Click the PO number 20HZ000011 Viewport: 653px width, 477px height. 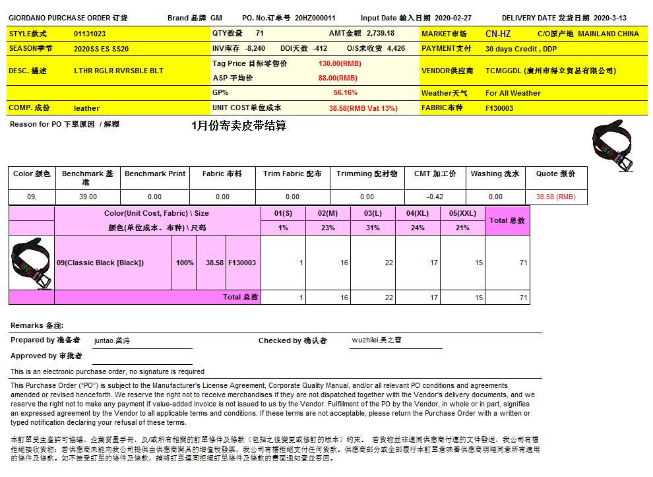click(315, 18)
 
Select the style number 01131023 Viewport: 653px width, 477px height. click(90, 34)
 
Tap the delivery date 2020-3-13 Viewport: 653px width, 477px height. click(610, 18)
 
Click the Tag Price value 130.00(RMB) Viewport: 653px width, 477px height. click(340, 63)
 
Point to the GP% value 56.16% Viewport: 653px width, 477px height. click(345, 93)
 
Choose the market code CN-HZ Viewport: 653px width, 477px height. click(497, 34)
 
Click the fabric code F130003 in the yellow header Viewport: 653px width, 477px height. click(499, 108)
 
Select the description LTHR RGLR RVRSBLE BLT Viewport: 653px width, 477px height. click(118, 71)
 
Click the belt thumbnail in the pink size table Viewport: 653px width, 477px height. click(31, 263)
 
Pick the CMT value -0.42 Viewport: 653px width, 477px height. click(435, 197)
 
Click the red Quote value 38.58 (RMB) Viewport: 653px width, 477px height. click(555, 197)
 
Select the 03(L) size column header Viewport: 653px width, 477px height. click(373, 213)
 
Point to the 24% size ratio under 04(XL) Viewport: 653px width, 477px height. click(418, 228)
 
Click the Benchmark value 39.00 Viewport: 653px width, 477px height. click(88, 197)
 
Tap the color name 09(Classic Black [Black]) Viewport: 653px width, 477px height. click(100, 263)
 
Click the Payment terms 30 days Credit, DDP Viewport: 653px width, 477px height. click(522, 49)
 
